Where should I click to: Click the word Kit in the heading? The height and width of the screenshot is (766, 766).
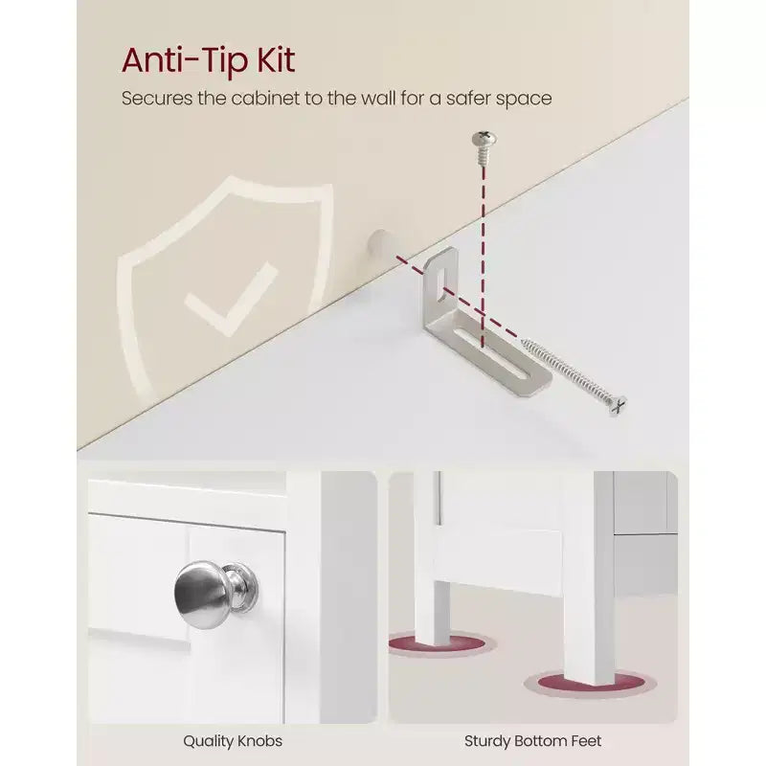coord(276,60)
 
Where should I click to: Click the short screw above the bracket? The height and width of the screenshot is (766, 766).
coord(484,147)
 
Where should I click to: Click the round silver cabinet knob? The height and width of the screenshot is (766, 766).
coord(204,596)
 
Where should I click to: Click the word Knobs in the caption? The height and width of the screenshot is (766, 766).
coord(259,741)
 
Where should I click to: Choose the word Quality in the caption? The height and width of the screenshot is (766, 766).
coord(209,741)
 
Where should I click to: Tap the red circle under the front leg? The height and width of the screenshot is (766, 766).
coord(591,683)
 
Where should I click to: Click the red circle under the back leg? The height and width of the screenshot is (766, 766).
coord(441,642)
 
